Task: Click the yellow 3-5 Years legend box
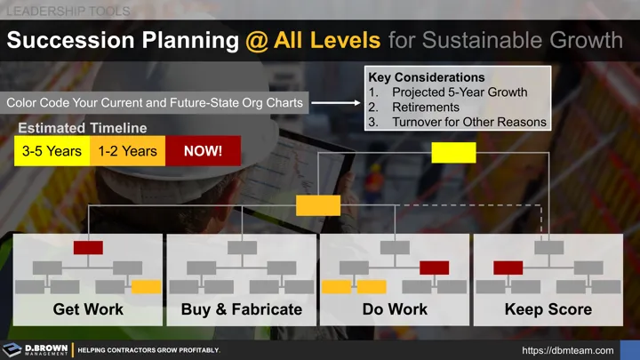coord(52,151)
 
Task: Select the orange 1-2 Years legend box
coord(128,151)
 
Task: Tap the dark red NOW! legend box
coord(203,151)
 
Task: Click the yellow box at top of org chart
coord(453,153)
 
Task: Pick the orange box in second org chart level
coord(318,205)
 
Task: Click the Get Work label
coord(88,310)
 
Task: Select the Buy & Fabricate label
coord(242,310)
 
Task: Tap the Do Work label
coord(395,310)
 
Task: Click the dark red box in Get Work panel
coord(88,248)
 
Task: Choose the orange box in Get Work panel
coord(146,287)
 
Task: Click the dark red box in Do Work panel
coord(434,268)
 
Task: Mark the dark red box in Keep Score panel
coord(508,268)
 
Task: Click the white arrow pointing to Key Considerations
coord(335,103)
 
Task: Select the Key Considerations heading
coord(427,78)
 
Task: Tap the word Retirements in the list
coord(426,107)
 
